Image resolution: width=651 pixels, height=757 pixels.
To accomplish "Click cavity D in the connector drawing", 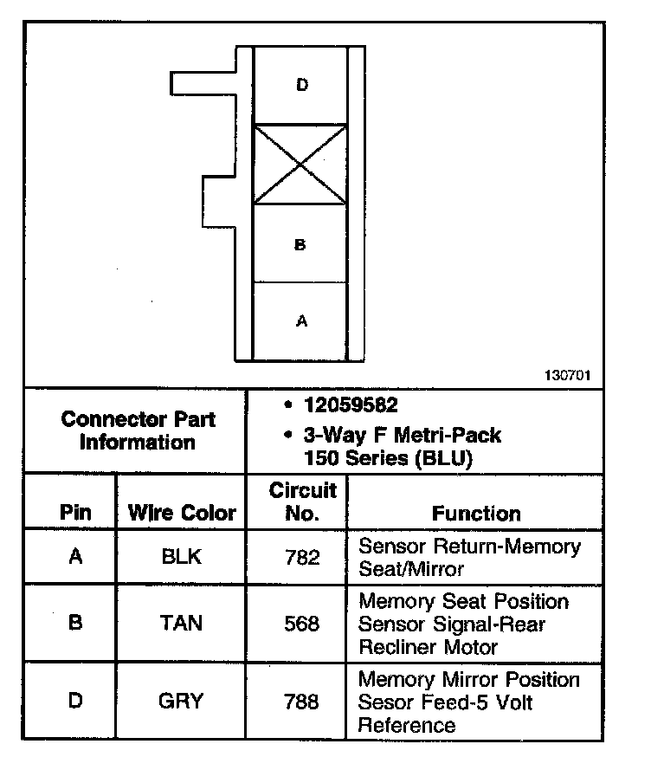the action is pos(300,85).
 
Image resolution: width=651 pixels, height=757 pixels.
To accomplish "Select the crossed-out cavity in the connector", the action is pos(300,165).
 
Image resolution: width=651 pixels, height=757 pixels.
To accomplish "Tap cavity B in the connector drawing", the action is pos(300,243).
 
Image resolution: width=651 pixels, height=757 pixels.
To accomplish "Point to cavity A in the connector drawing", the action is pos(300,321).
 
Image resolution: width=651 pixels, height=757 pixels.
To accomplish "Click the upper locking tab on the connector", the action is pos(203,83).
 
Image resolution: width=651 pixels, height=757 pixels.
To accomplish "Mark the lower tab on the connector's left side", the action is pos(219,202).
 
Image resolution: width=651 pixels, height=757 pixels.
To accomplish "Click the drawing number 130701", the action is pos(568,375).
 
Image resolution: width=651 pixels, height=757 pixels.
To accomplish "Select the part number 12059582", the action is pos(351,404).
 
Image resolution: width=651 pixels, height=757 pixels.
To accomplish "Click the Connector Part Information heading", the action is pos(138,430).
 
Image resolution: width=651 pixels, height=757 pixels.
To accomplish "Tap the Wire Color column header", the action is pos(182,512).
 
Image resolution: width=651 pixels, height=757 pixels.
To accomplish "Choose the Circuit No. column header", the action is pos(303,501).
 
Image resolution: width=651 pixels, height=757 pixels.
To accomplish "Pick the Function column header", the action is pos(476,514).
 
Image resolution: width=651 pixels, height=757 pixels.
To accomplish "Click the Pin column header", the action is pos(75,512).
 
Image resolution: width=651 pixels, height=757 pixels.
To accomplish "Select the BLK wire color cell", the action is pos(181,557).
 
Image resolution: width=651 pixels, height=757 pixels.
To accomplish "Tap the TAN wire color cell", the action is pos(181,623).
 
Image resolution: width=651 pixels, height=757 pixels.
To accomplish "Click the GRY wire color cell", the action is pos(181,701).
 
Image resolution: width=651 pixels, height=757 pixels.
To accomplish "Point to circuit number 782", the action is pos(302,558).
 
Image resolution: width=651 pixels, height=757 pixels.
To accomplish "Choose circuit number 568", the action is pos(301,624).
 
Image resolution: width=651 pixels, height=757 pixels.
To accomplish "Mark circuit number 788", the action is pos(301,702).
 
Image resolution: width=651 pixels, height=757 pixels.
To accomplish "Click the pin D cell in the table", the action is pos(75,701).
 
